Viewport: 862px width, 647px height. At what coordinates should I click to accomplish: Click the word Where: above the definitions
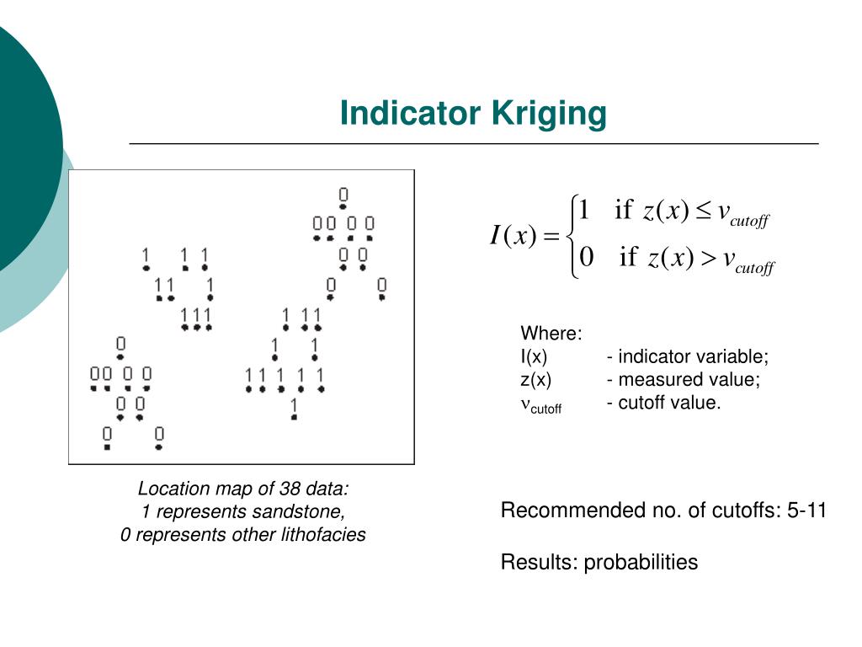pos(551,333)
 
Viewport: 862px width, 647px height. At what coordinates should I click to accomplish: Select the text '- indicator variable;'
pos(687,356)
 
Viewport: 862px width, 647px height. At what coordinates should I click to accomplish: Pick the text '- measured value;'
pos(683,380)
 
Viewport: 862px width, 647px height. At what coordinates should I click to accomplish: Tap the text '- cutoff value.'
pos(663,403)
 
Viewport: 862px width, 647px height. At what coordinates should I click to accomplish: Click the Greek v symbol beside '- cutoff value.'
pos(525,404)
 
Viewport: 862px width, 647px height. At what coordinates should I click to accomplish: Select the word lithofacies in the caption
pos(324,534)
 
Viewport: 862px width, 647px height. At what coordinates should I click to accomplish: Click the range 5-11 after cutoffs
pos(807,511)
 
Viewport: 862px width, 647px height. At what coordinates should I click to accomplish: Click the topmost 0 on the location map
pos(343,195)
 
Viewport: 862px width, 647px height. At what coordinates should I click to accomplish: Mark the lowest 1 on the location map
pos(294,409)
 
